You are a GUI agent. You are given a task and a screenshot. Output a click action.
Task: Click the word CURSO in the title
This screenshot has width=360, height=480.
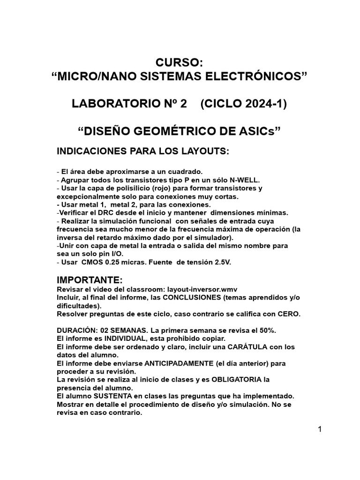tap(180, 62)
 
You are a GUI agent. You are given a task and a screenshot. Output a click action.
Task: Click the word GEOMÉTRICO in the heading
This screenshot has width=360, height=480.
tap(190, 131)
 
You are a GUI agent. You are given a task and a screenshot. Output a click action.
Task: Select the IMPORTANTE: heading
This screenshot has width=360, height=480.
tap(89, 280)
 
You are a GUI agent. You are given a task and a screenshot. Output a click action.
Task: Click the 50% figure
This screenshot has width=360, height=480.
tap(268, 330)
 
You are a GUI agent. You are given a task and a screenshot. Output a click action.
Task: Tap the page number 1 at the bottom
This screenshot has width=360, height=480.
tap(320, 430)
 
